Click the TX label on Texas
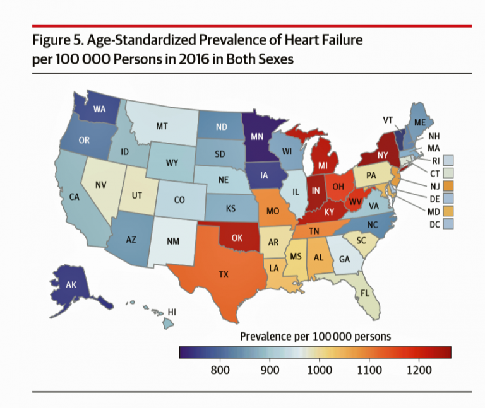(223, 274)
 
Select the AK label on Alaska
(71, 285)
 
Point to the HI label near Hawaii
(172, 312)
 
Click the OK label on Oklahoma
(237, 238)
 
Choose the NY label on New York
(383, 154)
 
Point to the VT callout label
(389, 120)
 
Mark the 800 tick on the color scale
(219, 370)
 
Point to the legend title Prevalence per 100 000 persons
(315, 336)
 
